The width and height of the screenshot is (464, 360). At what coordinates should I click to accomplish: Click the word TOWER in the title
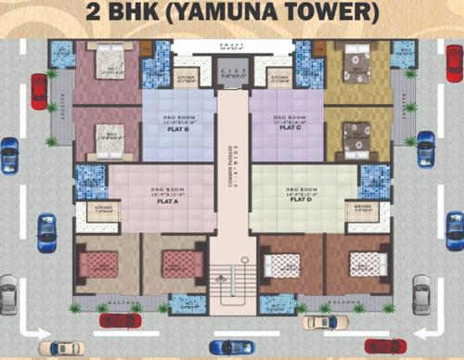click(x=321, y=14)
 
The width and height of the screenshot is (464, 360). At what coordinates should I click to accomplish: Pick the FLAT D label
click(x=300, y=200)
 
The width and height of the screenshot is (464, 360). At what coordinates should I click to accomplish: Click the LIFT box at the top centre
click(x=232, y=70)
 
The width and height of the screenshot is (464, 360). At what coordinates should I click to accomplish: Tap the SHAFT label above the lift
click(x=232, y=44)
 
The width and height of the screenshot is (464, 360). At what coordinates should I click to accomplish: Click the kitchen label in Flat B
click(x=184, y=78)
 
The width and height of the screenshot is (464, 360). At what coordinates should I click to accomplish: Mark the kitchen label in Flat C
click(x=279, y=78)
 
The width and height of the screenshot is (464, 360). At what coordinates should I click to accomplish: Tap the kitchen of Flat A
click(x=106, y=210)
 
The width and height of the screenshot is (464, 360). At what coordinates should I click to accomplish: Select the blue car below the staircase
click(x=231, y=346)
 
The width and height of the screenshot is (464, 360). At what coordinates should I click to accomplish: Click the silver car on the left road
click(x=8, y=294)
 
